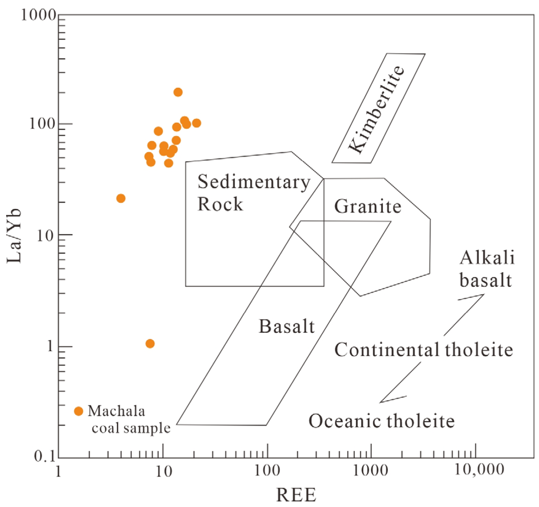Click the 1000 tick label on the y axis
click(38, 15)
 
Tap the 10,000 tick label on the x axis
click(479, 469)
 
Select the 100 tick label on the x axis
click(267, 470)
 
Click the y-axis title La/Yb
click(14, 236)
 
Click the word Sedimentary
click(254, 182)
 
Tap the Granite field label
click(368, 206)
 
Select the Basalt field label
click(287, 326)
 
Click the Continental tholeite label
click(423, 350)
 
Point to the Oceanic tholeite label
click(381, 421)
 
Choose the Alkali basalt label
click(487, 269)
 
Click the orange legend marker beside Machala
click(79, 411)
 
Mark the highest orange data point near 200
click(178, 92)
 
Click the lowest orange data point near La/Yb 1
click(150, 344)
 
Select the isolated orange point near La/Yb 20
click(121, 198)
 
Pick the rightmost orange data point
click(196, 123)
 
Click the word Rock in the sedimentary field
click(220, 204)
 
